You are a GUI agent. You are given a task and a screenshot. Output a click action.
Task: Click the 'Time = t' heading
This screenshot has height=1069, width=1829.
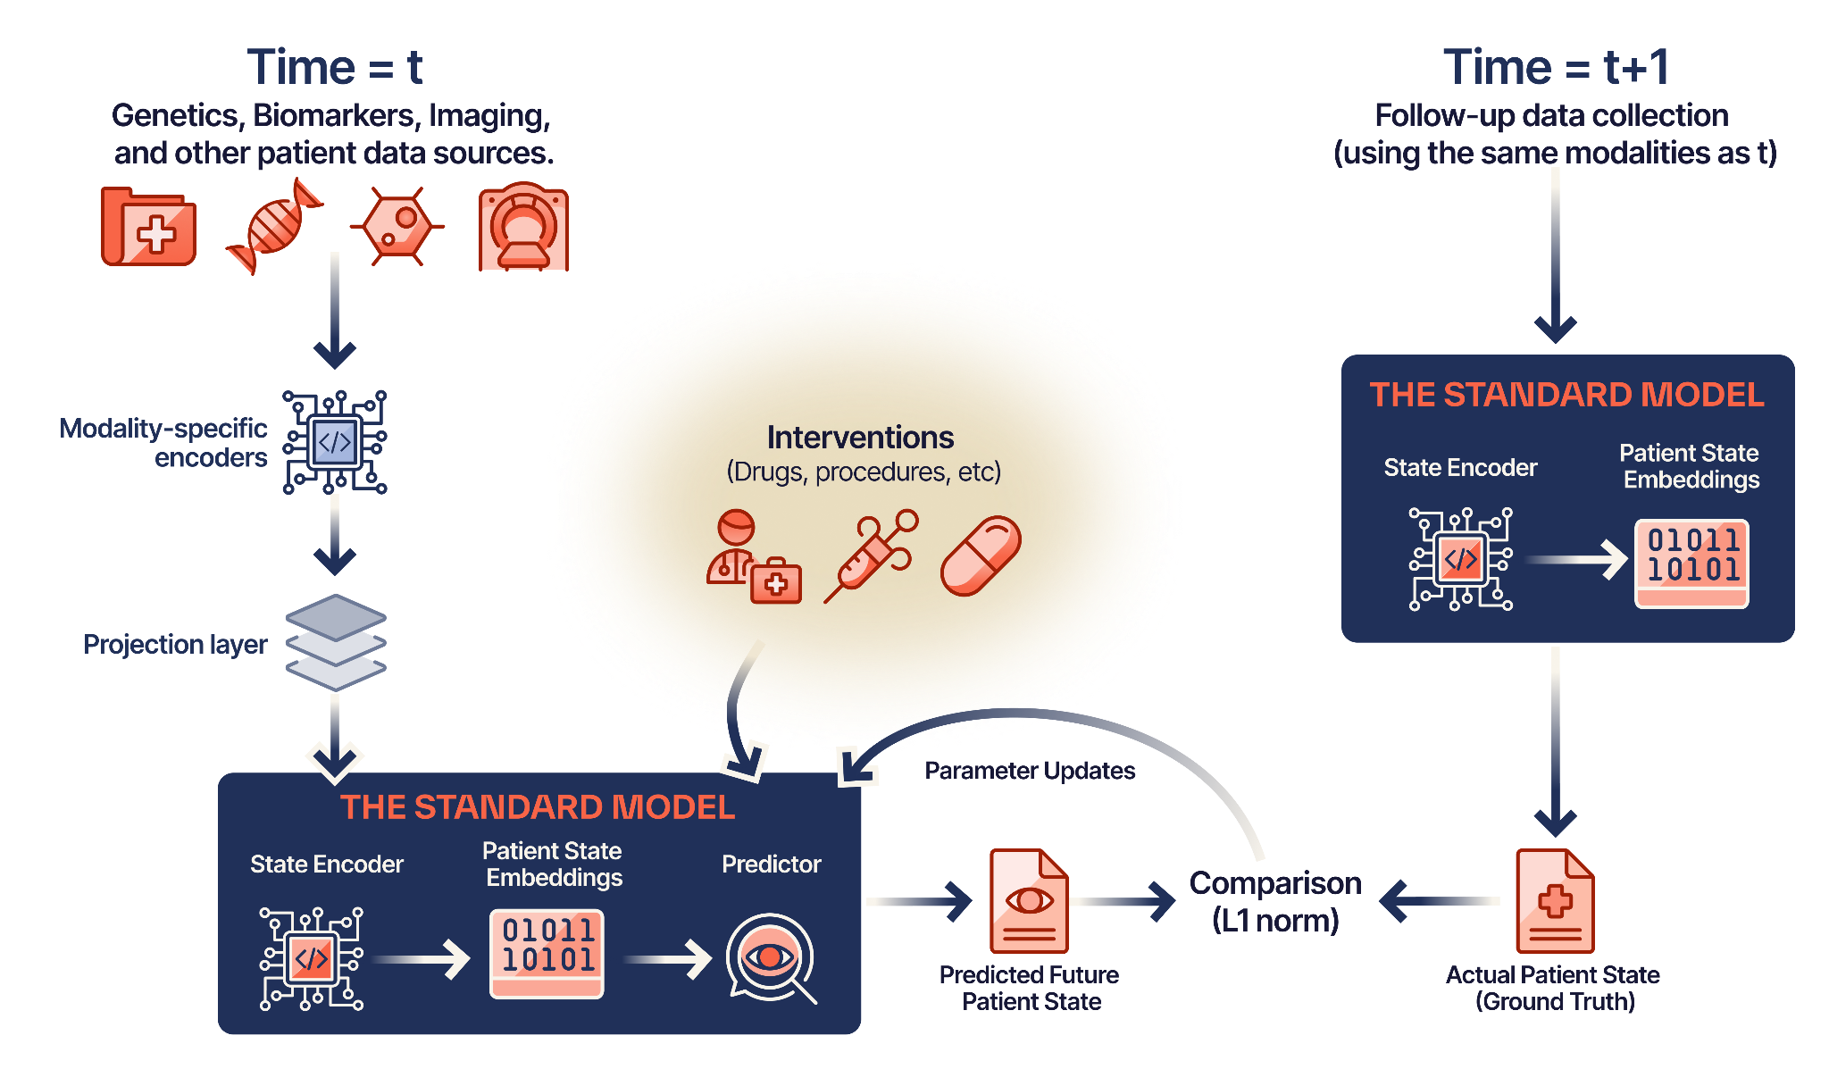(334, 68)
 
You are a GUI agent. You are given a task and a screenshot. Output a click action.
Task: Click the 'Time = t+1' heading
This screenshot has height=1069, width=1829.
(1555, 68)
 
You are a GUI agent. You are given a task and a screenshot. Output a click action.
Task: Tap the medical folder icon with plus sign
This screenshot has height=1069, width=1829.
(148, 228)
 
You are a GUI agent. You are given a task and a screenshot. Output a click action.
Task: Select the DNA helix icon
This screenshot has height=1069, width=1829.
(275, 226)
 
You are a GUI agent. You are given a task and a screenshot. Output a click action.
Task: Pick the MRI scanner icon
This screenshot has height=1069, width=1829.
(523, 228)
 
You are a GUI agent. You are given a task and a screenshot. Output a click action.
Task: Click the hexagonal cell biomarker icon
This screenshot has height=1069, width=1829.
(397, 226)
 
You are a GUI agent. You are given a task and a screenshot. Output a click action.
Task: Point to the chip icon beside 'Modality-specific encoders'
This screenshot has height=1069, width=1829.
(335, 442)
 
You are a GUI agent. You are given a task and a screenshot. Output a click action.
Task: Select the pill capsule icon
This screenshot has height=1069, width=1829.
(981, 555)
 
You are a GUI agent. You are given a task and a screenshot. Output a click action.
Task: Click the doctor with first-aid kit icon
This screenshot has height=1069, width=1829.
(753, 558)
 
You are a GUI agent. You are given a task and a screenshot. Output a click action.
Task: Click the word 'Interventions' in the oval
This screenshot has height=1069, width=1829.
(860, 438)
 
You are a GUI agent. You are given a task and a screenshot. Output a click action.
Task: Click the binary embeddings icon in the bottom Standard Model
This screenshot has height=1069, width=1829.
(547, 954)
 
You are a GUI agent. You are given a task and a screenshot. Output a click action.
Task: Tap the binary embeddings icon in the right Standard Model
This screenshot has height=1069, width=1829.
(1691, 564)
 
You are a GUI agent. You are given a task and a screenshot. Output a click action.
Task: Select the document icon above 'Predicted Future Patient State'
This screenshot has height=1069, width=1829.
(1029, 901)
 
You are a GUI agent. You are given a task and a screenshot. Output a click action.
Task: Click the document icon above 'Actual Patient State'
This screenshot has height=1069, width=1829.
(1555, 901)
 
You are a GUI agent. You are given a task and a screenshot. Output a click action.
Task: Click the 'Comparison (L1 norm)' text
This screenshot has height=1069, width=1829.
(1275, 901)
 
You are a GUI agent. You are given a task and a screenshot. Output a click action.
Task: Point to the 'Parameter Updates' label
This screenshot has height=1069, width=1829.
(1030, 771)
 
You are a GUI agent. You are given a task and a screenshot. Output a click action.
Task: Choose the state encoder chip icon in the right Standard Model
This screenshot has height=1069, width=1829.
(1461, 559)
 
